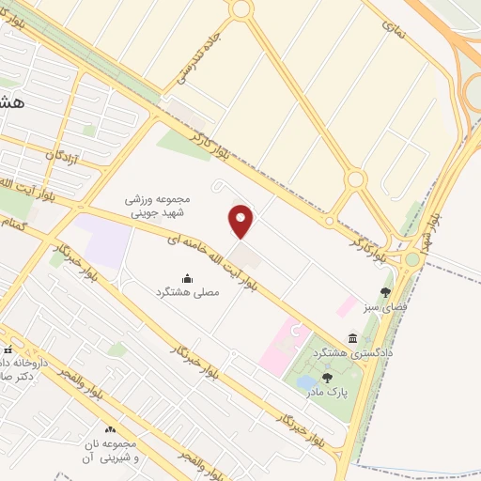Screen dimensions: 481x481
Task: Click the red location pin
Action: click(x=241, y=221)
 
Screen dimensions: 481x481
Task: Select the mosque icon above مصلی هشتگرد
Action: click(x=186, y=277)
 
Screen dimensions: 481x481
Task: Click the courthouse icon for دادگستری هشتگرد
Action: click(x=352, y=338)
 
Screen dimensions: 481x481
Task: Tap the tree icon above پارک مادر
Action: click(x=327, y=377)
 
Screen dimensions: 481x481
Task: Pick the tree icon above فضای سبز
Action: click(x=384, y=292)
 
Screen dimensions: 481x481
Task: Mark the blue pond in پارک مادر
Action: click(x=306, y=382)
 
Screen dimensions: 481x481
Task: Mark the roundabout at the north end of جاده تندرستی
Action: click(x=241, y=9)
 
